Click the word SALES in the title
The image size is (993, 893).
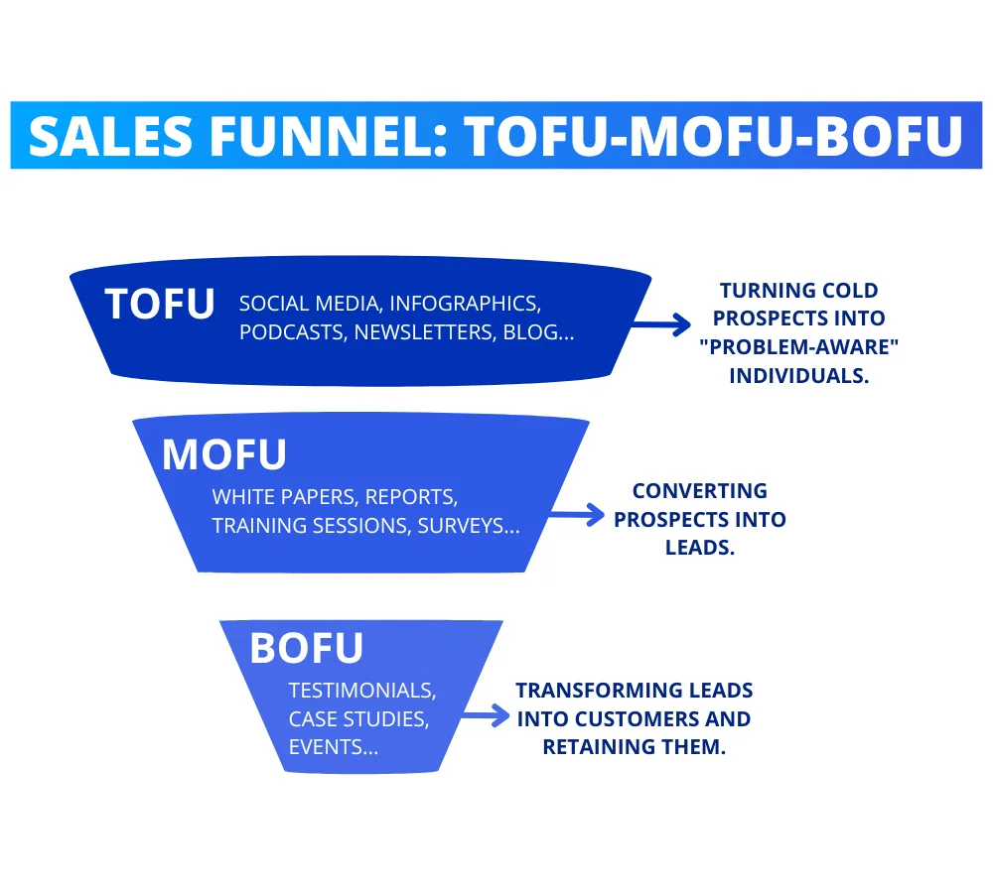[110, 136]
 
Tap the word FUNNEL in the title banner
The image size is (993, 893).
[330, 136]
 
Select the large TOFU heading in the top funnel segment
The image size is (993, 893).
[160, 305]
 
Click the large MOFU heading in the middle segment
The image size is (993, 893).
[224, 455]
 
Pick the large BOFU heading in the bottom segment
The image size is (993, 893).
[307, 648]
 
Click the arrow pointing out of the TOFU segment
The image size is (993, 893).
[661, 324]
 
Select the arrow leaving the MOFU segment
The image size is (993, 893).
[576, 515]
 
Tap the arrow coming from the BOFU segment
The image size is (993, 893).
[486, 715]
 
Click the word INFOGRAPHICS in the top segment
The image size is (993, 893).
[465, 304]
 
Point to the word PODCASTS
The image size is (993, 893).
[293, 332]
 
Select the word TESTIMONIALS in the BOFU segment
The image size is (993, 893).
[362, 691]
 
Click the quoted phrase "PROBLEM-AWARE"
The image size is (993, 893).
[799, 347]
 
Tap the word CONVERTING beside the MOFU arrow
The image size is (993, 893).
[700, 491]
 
